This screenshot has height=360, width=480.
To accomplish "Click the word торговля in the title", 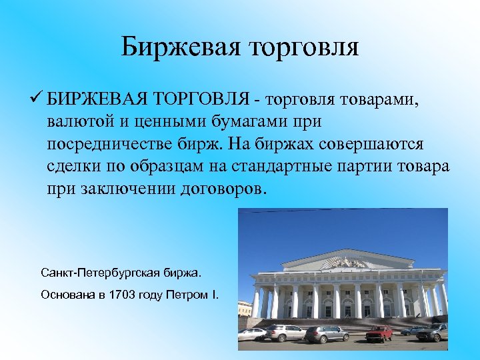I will (x=303, y=47).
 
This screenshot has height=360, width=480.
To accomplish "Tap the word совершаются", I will (x=373, y=144).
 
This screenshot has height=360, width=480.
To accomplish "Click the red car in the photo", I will (x=380, y=333).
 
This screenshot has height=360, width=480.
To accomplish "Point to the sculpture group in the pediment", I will (x=344, y=263).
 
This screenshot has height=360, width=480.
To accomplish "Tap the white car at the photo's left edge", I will (x=251, y=334).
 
